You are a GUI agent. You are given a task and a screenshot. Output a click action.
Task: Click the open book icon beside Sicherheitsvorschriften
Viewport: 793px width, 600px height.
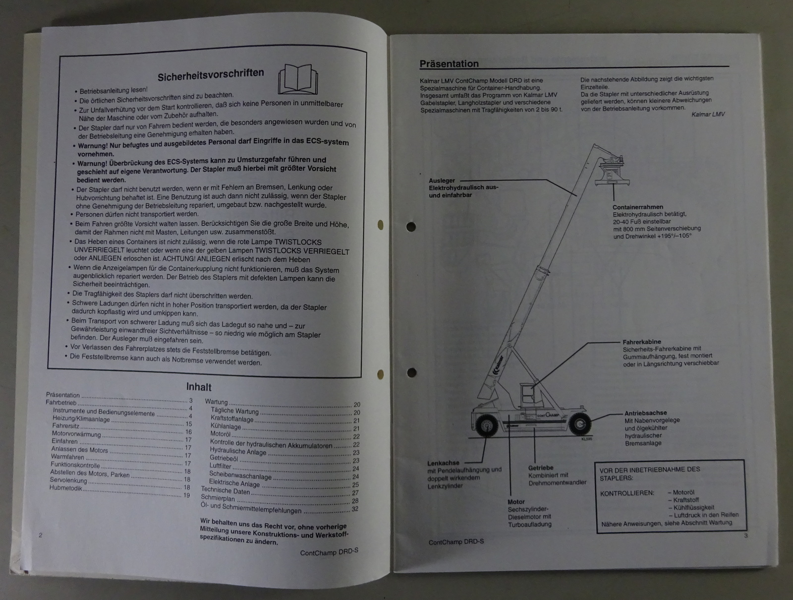tap(298, 78)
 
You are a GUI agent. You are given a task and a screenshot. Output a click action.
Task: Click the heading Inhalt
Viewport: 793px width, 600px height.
tap(199, 387)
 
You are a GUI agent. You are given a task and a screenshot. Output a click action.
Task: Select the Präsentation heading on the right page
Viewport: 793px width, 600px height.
tap(449, 63)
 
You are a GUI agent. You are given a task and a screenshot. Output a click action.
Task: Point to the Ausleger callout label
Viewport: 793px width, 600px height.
tap(442, 180)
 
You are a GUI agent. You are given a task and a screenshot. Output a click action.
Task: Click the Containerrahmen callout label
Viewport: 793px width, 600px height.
tap(637, 207)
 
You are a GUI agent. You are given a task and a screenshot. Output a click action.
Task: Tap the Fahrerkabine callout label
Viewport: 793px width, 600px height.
tap(642, 342)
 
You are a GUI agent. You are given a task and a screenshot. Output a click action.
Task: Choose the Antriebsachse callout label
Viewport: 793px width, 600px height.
tap(645, 413)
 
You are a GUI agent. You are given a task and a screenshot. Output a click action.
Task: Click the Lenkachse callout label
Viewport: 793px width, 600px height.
tap(443, 463)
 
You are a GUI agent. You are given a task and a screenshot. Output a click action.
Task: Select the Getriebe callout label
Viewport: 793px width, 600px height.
tap(541, 468)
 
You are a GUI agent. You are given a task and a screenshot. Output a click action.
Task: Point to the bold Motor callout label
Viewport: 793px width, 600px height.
tap(516, 502)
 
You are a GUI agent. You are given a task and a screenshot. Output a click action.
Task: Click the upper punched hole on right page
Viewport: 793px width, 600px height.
tap(411, 227)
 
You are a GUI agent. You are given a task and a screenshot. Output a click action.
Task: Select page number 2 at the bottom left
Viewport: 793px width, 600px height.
tap(41, 535)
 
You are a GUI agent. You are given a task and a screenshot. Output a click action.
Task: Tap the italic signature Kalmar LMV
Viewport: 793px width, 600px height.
tap(708, 114)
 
